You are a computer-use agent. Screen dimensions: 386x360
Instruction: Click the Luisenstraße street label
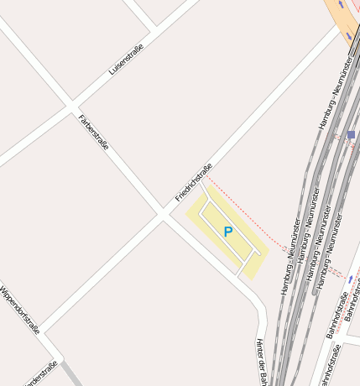[126, 60]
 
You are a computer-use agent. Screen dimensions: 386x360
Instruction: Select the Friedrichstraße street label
[194, 182]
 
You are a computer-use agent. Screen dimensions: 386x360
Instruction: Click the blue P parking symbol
[227, 232]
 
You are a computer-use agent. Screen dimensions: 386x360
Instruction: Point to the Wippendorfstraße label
[20, 310]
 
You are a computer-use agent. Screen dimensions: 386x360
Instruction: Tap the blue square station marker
[351, 134]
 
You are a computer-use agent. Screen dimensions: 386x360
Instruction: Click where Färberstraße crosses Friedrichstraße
[163, 215]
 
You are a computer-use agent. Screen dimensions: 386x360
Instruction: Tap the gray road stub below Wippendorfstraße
[71, 375]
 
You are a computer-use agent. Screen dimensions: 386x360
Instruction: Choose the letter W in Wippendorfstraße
[3, 289]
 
